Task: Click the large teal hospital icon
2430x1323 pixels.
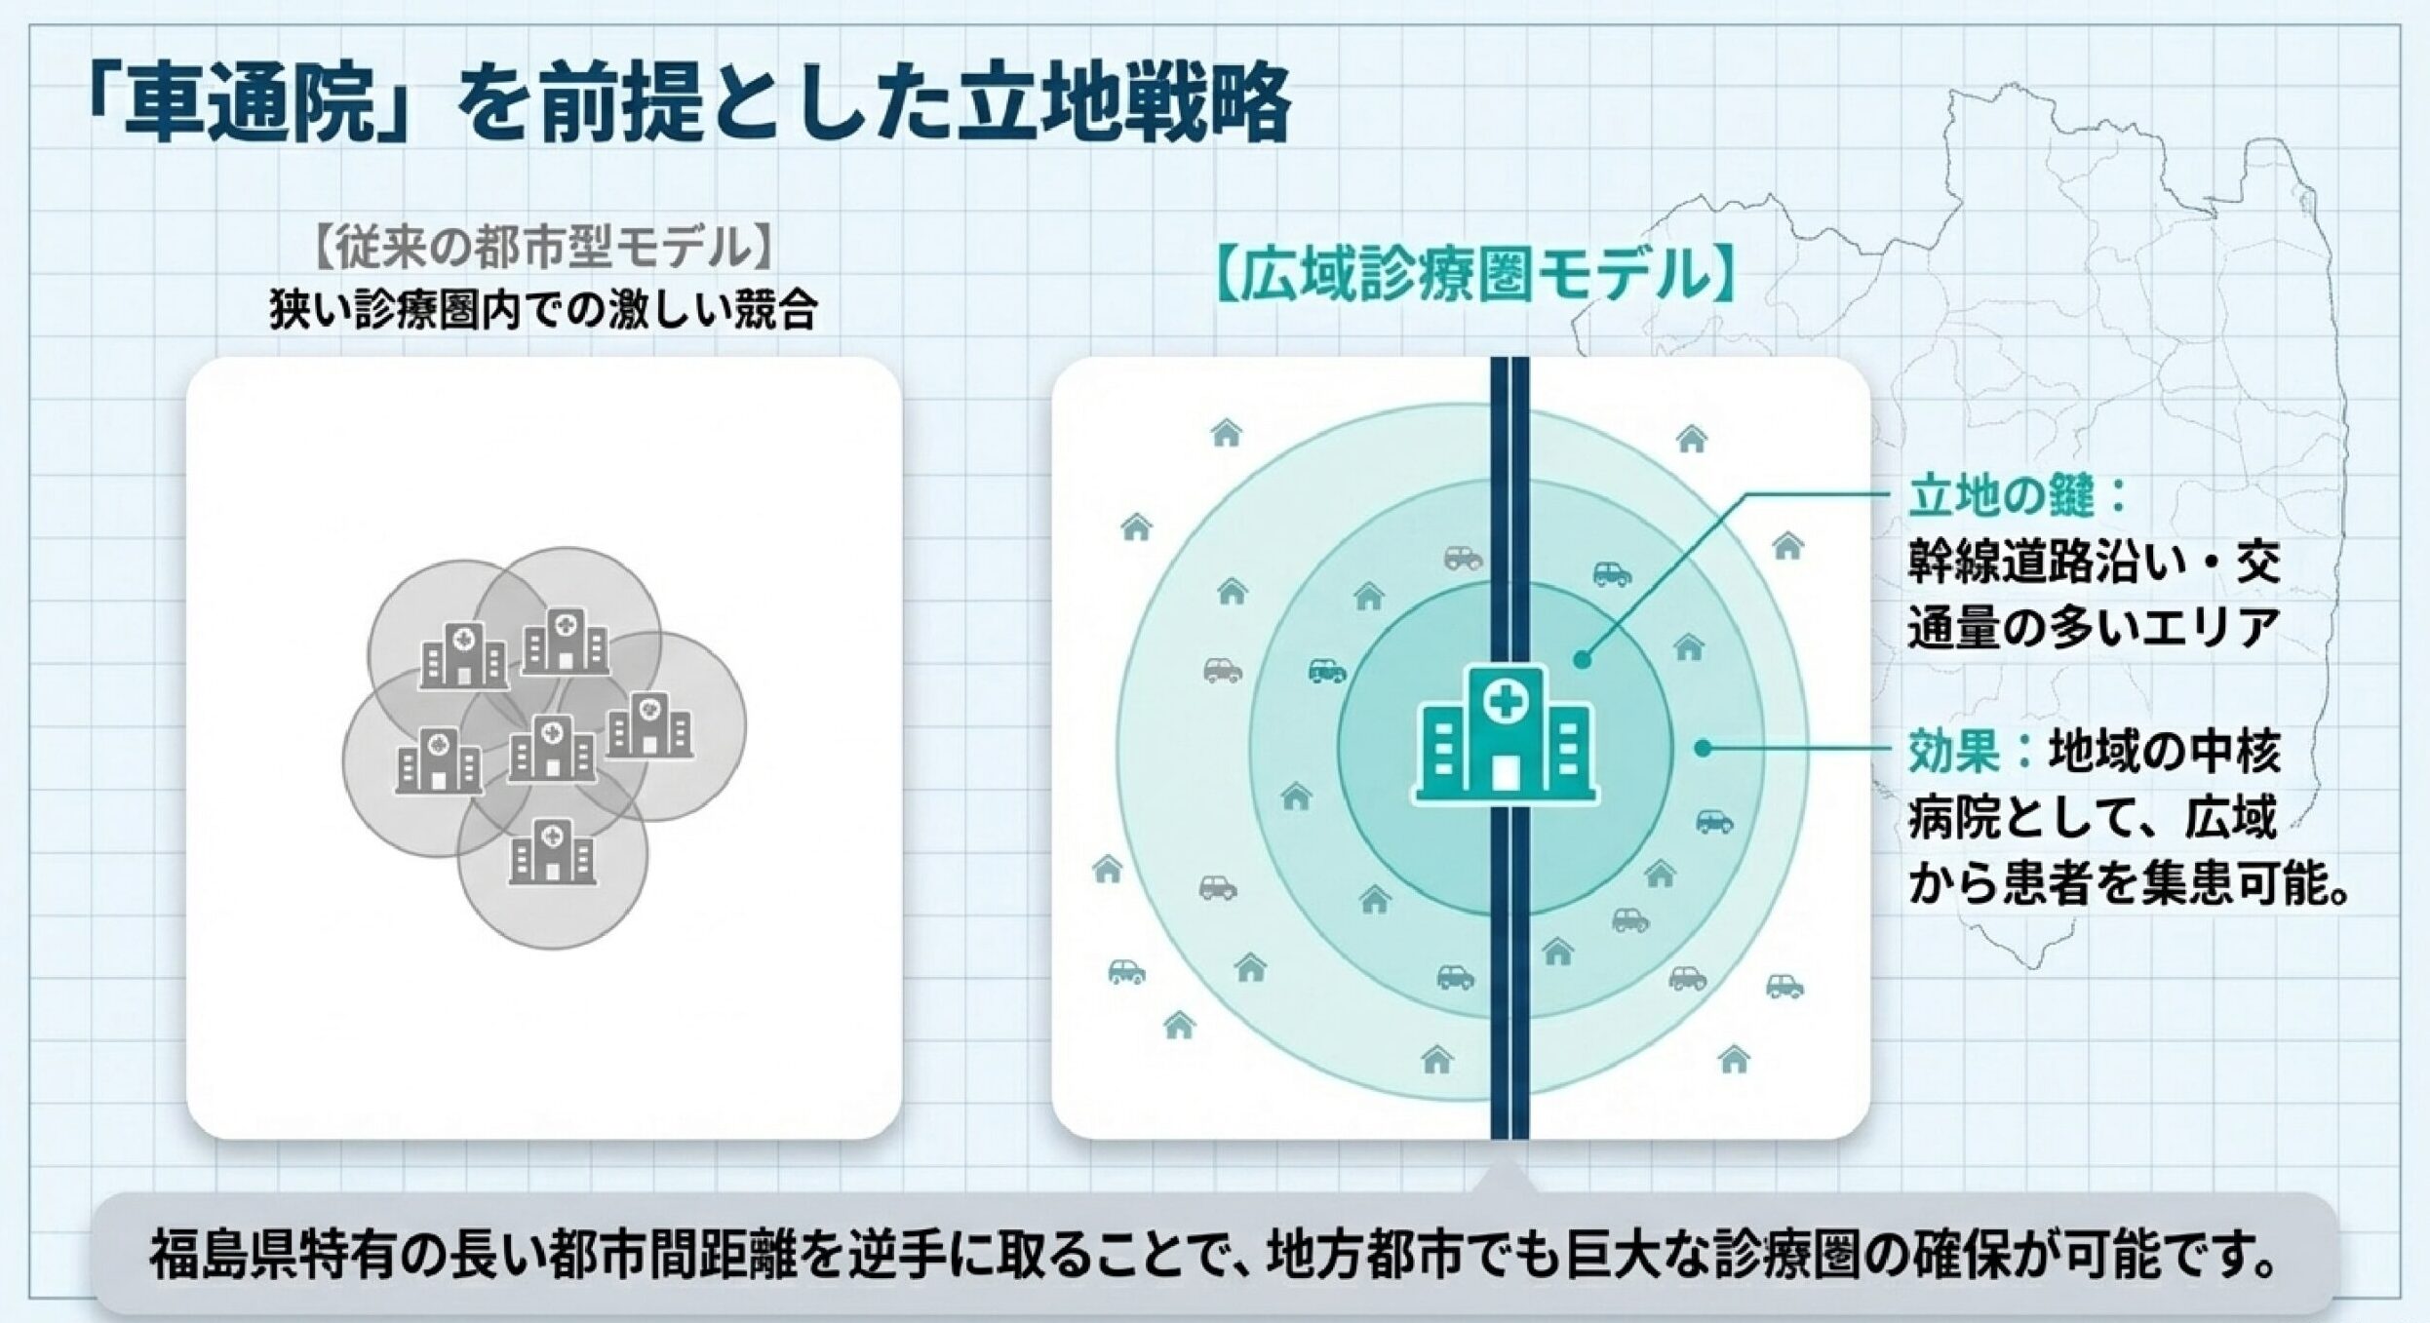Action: coord(1505,733)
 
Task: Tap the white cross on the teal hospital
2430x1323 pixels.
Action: coord(1505,700)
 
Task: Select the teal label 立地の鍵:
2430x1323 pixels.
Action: coord(2015,497)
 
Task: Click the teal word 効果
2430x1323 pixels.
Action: coord(1954,754)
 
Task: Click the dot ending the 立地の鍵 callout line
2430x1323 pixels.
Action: coord(1582,660)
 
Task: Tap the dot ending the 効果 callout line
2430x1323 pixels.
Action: coord(1703,749)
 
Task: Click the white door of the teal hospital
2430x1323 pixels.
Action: coord(1505,772)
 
